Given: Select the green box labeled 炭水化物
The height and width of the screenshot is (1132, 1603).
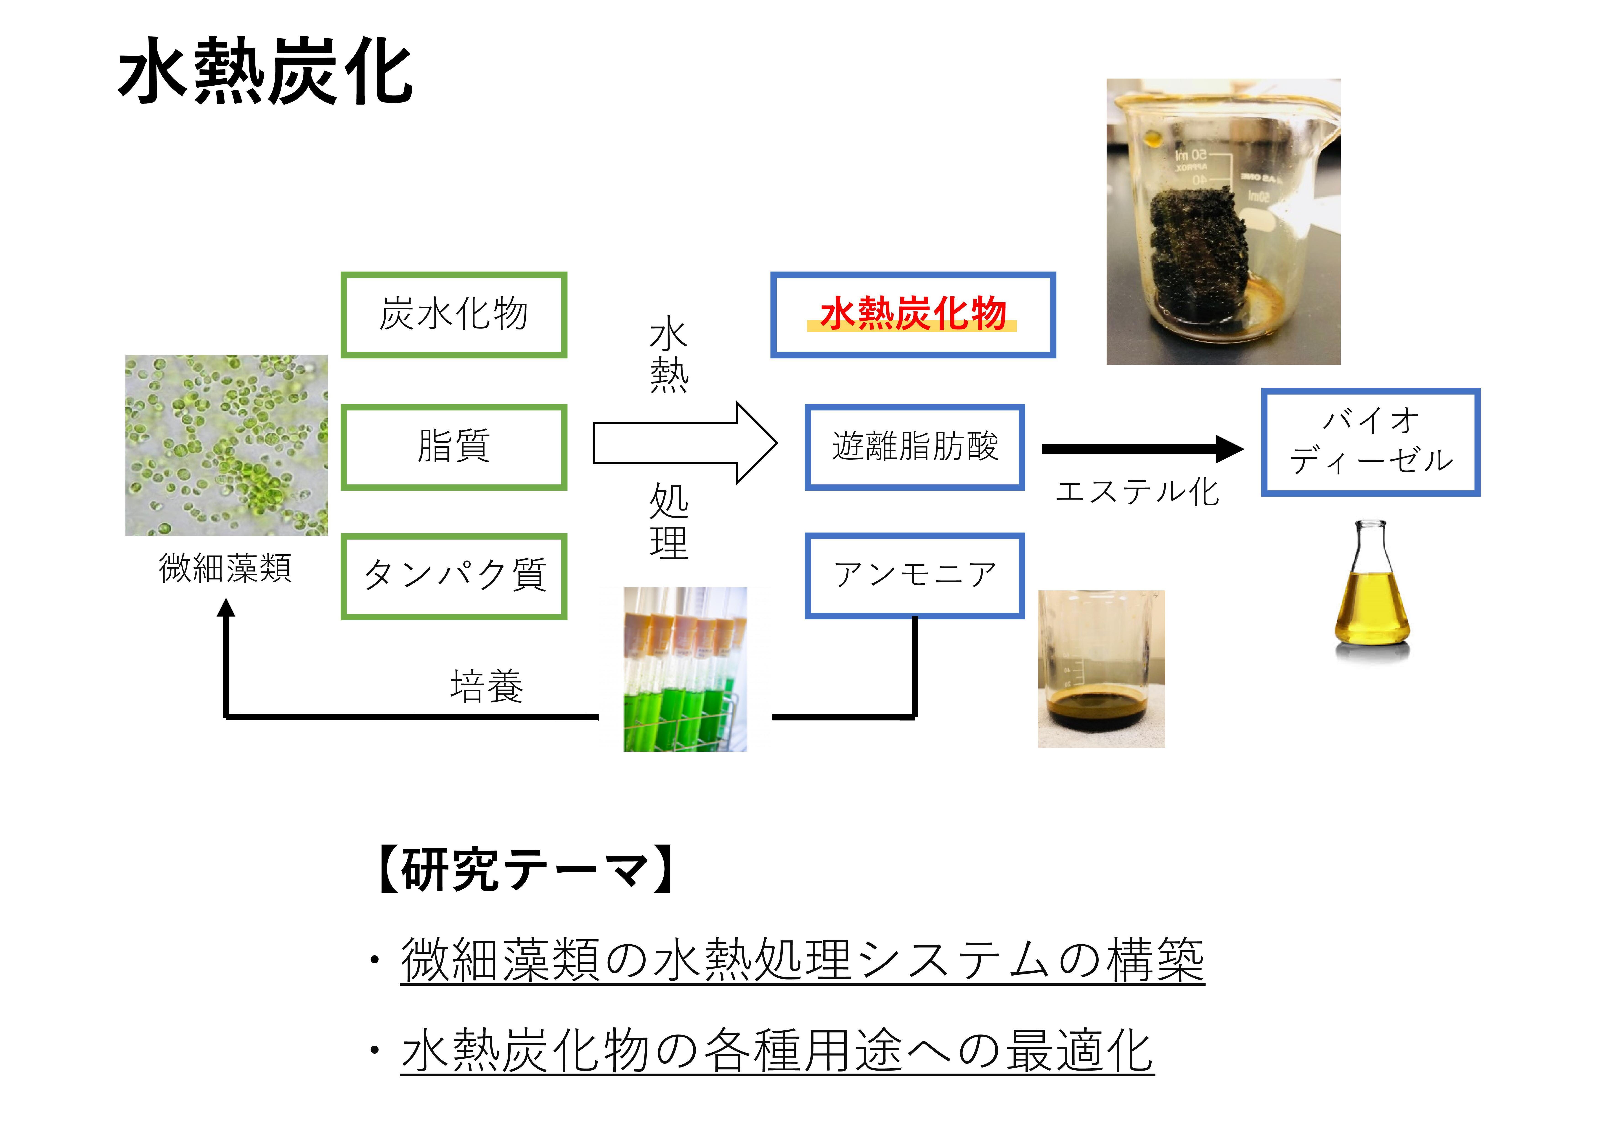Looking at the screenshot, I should click(x=454, y=315).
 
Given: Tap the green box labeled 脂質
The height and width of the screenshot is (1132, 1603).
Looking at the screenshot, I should click(x=454, y=447).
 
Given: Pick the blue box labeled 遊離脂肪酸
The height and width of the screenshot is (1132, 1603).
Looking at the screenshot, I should click(x=915, y=447).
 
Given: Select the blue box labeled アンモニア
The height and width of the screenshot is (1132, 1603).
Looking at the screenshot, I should click(x=915, y=576).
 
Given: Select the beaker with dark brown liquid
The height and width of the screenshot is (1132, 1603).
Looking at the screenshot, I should click(x=1101, y=670).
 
